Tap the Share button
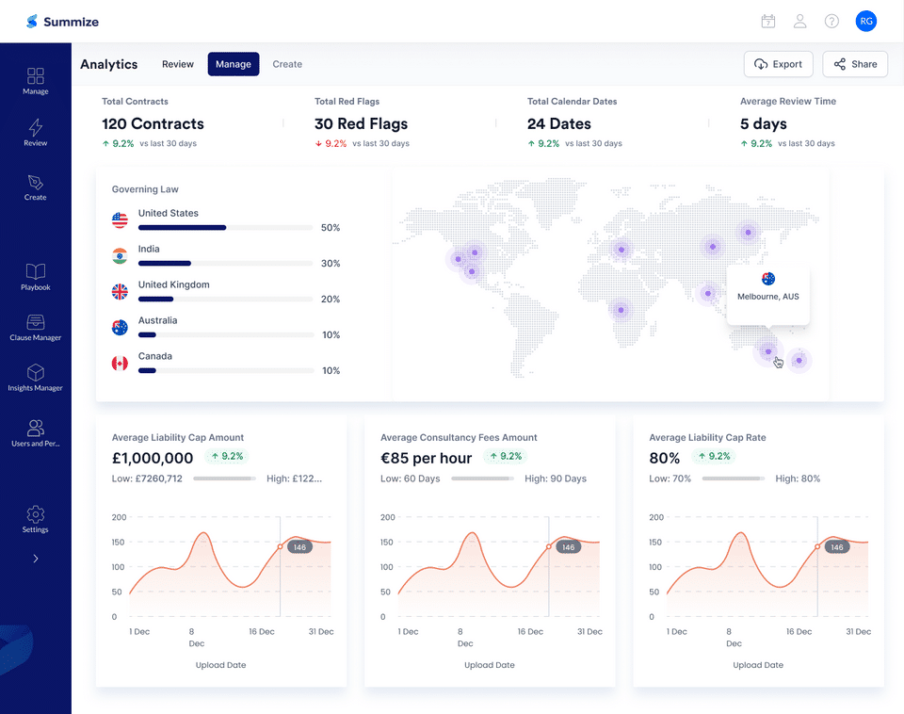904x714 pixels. [854, 64]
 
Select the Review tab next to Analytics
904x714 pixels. [177, 64]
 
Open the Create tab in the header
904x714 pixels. [287, 64]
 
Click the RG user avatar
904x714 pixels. [865, 21]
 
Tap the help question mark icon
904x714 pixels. [831, 21]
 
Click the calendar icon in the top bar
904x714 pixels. [767, 21]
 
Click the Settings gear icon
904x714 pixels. [36, 514]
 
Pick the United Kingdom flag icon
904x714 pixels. [120, 292]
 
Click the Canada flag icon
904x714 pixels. [120, 364]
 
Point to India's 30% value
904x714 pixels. [331, 264]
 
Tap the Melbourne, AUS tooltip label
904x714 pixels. [767, 297]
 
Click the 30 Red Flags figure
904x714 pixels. [362, 123]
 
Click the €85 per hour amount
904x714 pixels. [426, 459]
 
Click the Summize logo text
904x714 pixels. [71, 22]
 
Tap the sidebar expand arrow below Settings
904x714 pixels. [36, 559]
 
